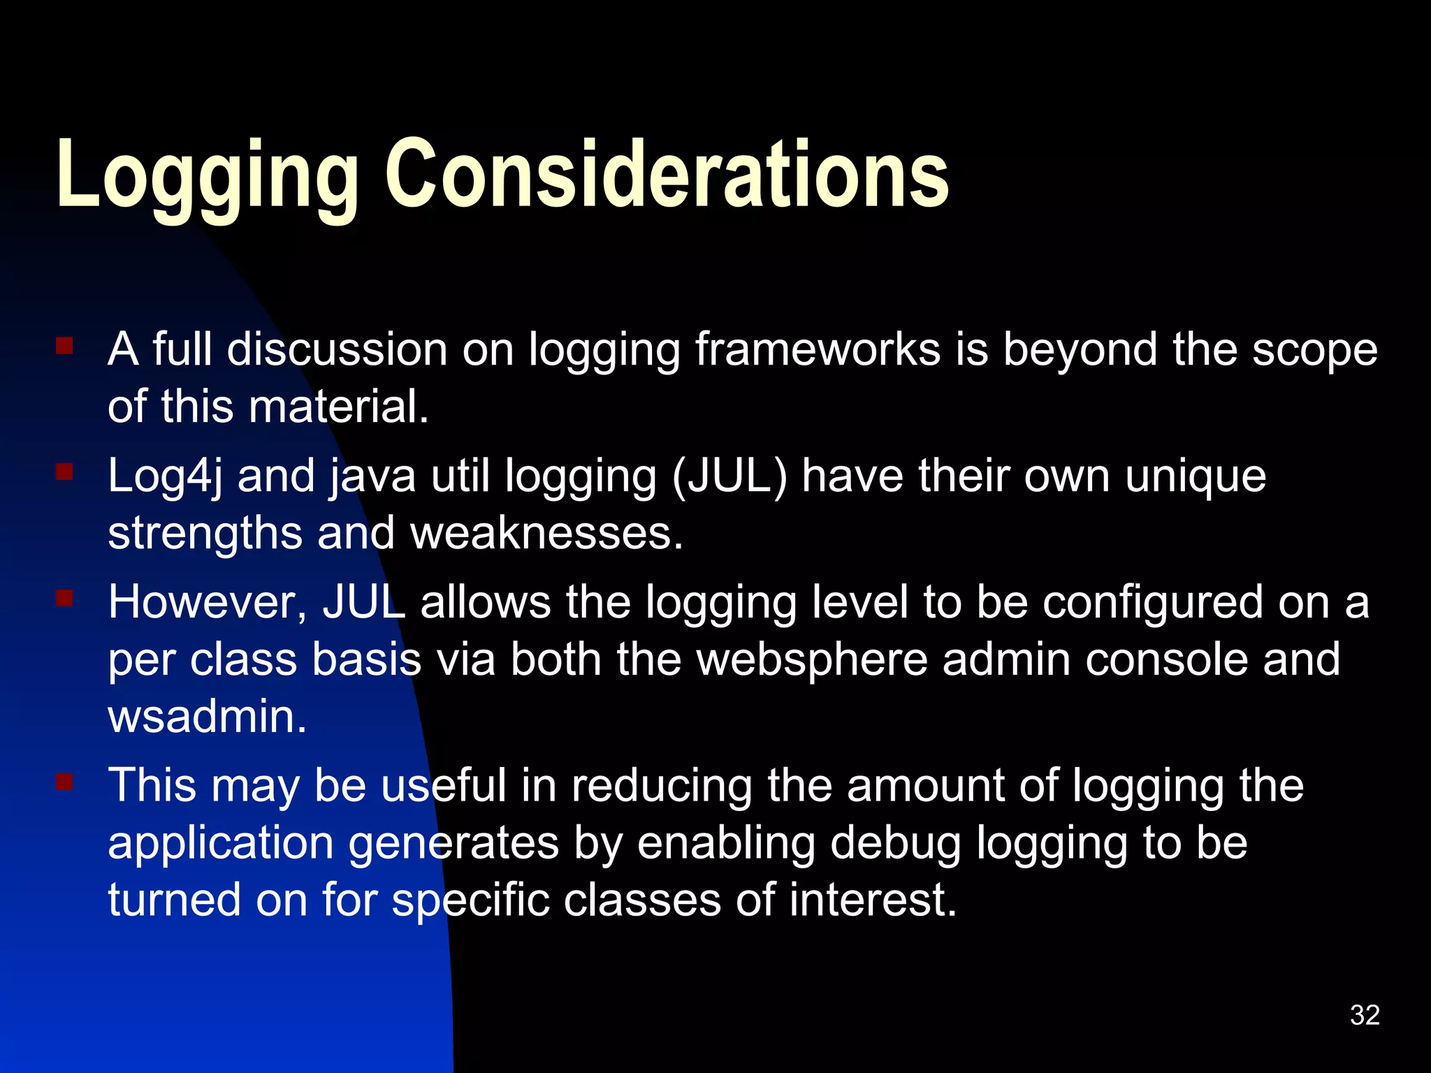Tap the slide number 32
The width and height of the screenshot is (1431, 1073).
[1365, 1015]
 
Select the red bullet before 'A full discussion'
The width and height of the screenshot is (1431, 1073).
[64, 346]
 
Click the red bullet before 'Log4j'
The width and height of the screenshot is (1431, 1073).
[64, 473]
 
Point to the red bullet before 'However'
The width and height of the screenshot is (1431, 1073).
[64, 599]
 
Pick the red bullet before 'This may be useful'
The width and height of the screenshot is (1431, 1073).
[64, 781]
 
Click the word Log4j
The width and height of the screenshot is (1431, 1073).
[165, 477]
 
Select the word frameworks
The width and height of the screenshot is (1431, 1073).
[818, 349]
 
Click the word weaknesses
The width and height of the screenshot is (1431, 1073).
[546, 534]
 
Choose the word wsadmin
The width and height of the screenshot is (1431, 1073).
[207, 717]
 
